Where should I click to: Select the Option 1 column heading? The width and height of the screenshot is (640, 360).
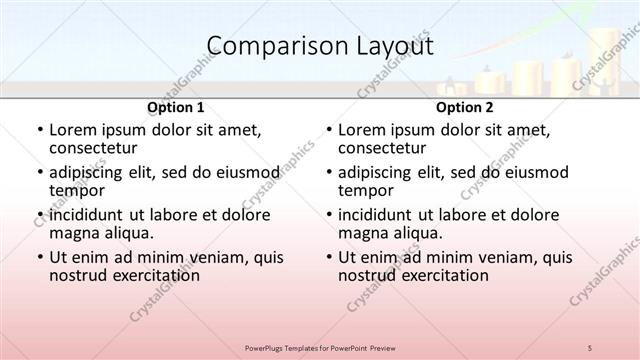[176, 107]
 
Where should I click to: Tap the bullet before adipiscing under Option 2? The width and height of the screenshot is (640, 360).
[327, 172]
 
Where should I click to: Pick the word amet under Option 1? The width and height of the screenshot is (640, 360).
[240, 130]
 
